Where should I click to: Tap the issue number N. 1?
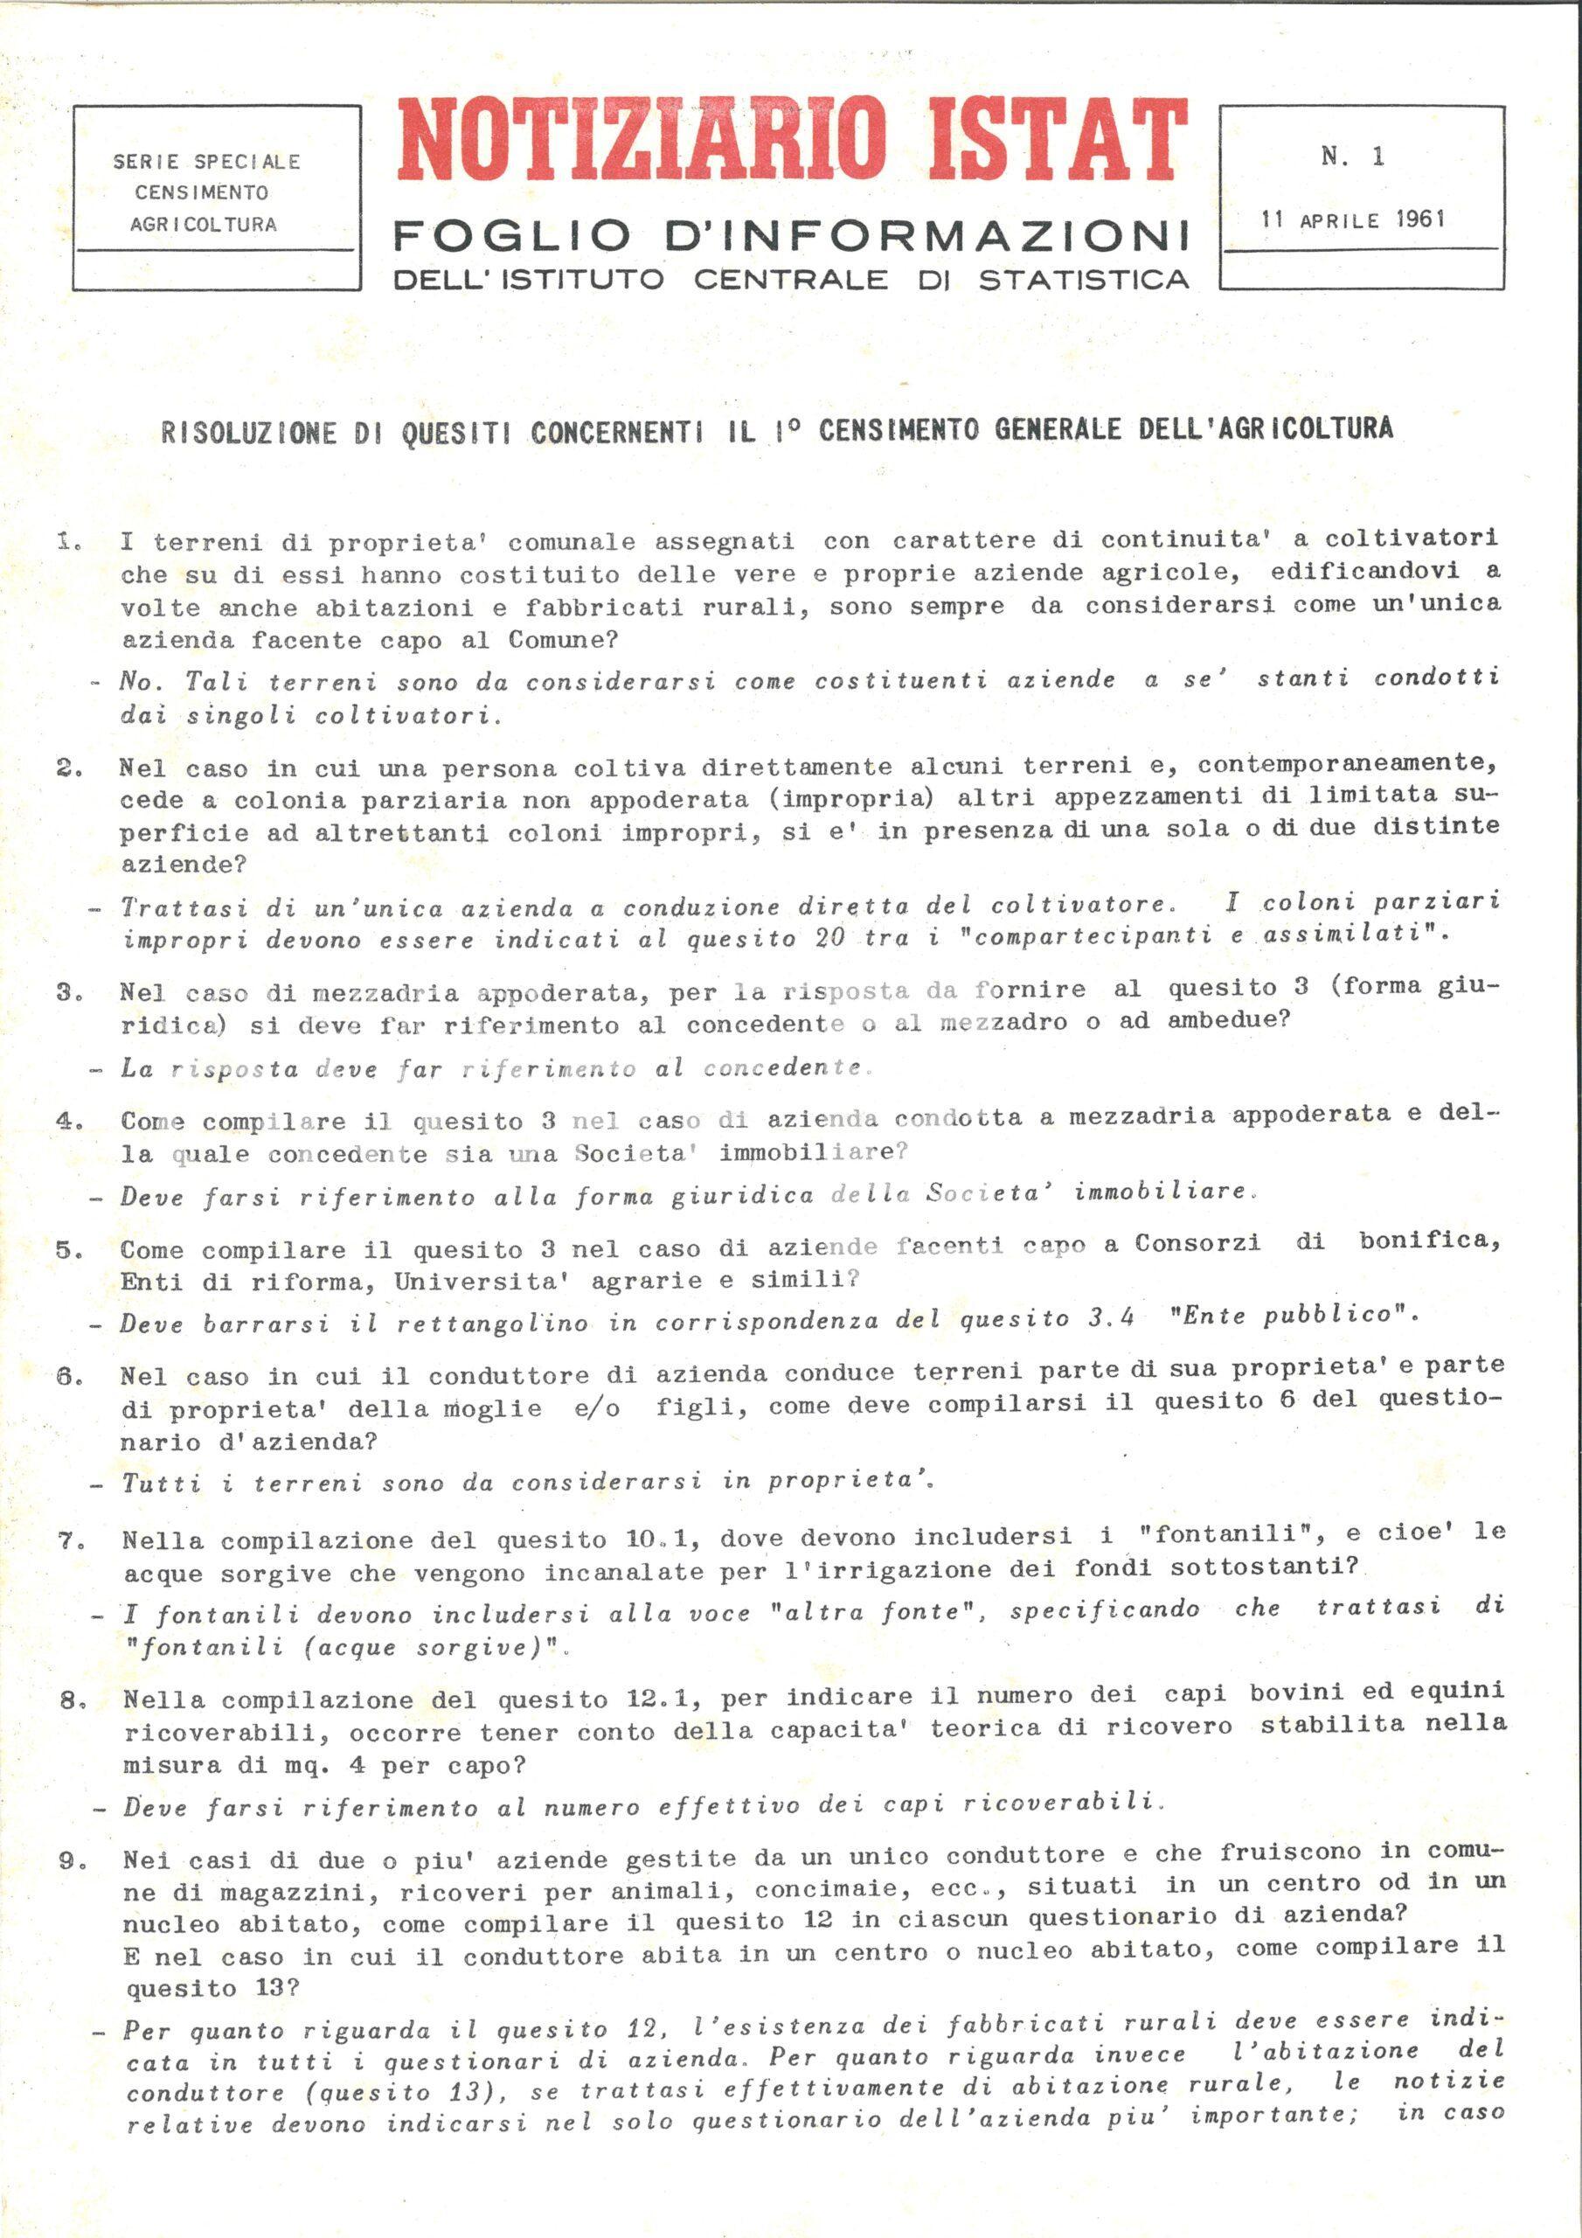click(x=1353, y=156)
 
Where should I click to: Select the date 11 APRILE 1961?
click(x=1352, y=219)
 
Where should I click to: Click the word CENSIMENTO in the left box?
click(x=202, y=193)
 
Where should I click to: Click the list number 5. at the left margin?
click(x=69, y=1251)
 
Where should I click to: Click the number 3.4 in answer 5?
click(x=1110, y=1319)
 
